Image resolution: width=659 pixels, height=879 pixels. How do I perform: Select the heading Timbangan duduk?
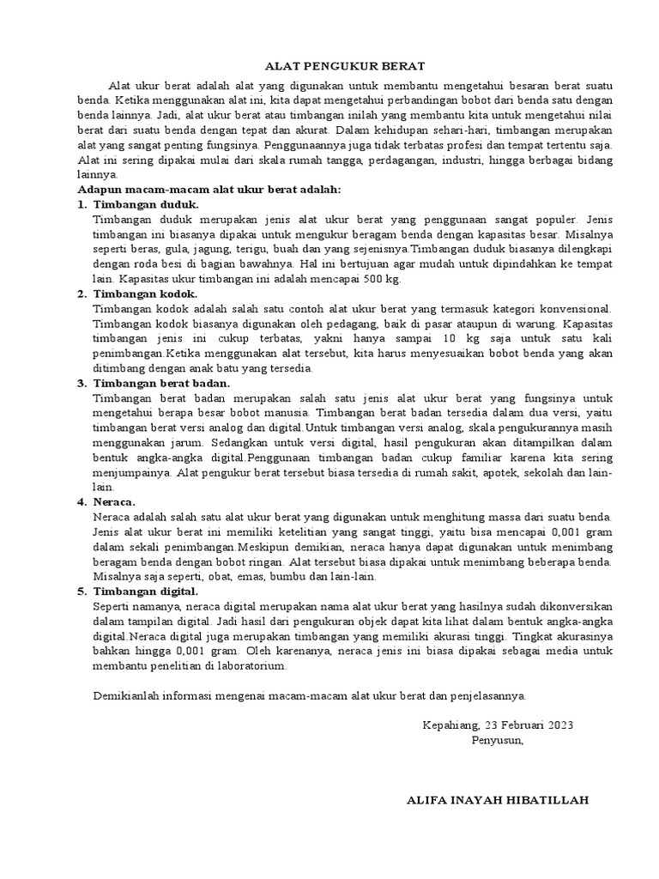click(146, 205)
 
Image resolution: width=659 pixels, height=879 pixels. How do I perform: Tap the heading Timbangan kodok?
click(146, 294)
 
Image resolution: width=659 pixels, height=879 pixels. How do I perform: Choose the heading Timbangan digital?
click(145, 591)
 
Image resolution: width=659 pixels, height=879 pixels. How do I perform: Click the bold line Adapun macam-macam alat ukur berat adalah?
click(209, 189)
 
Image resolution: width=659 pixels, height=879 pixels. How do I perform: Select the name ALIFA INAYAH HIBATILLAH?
click(497, 800)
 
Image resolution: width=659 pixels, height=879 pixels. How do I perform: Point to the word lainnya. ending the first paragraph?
click(97, 174)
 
